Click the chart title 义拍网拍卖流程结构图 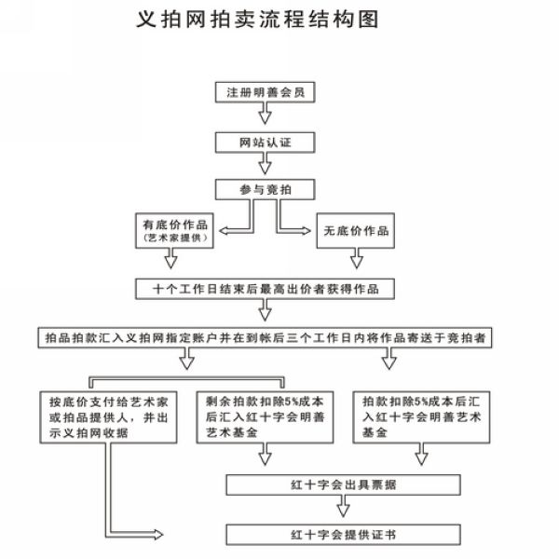[x=257, y=19]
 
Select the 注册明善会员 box [x=265, y=92]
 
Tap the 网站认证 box [x=265, y=143]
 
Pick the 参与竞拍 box [x=265, y=189]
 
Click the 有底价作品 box [x=174, y=231]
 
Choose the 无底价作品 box [x=356, y=231]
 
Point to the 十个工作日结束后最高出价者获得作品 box [x=265, y=289]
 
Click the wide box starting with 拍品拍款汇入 [x=265, y=337]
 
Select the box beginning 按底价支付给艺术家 [x=108, y=417]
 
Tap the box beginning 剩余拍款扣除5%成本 [x=265, y=417]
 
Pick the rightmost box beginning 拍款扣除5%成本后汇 [x=421, y=417]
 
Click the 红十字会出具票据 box [x=343, y=484]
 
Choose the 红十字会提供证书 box [x=343, y=535]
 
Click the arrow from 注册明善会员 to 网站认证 [x=265, y=114]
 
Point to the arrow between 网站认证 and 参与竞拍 [x=265, y=164]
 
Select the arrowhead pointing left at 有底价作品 [x=224, y=231]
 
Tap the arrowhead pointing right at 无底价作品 [x=307, y=231]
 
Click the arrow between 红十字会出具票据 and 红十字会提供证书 [x=343, y=506]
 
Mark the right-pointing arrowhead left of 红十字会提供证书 [x=158, y=535]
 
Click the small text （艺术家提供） [x=175, y=238]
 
